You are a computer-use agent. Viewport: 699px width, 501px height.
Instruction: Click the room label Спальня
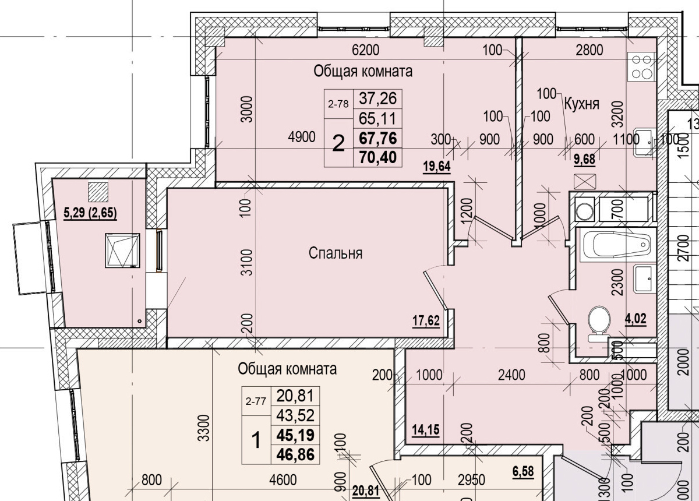(x=336, y=253)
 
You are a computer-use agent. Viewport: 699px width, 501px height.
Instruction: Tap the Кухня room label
(x=581, y=104)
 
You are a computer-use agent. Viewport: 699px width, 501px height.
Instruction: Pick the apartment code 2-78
(x=338, y=105)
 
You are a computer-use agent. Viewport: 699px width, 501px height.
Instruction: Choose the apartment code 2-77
(x=256, y=401)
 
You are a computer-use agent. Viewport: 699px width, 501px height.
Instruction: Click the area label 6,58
(x=523, y=469)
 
